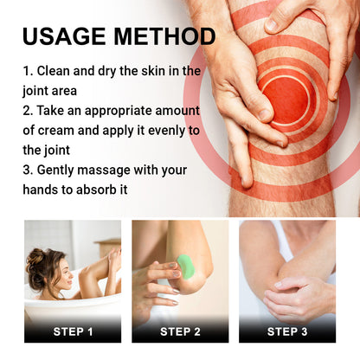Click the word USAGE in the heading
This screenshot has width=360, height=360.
tap(64, 36)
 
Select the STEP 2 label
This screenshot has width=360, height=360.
tap(179, 331)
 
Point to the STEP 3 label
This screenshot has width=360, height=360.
tap(287, 331)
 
